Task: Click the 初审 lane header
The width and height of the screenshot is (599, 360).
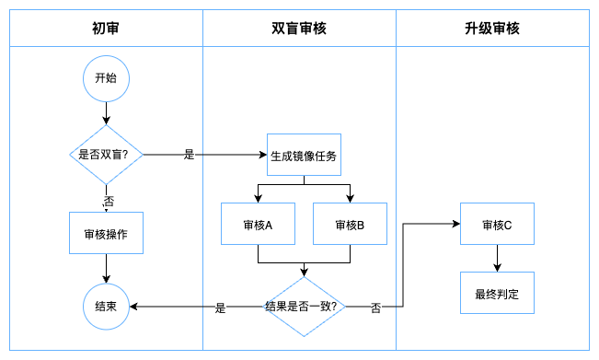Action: pos(106,29)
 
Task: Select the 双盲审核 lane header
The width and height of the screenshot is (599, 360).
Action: pos(300,29)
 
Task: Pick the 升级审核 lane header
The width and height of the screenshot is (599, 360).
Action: pos(493,29)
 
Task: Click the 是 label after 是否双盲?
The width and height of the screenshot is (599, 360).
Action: pos(190,155)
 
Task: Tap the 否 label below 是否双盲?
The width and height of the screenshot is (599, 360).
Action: pos(109,201)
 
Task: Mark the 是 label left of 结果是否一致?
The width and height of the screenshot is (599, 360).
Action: pos(221,308)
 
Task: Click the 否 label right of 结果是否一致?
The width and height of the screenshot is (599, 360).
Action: pos(375,308)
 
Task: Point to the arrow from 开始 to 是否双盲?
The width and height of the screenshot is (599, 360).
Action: pos(106,113)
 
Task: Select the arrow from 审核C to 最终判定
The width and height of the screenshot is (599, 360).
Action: pos(497,259)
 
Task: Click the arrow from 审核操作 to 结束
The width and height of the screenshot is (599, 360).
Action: pos(106,269)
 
